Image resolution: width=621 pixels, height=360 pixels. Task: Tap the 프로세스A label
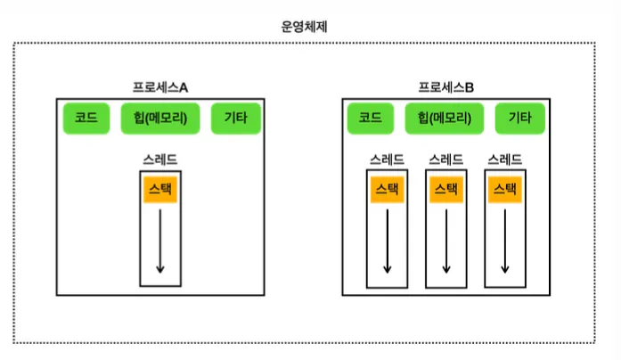point(160,87)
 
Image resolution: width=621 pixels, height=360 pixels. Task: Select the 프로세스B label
point(446,87)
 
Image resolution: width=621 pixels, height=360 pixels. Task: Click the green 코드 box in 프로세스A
point(86,118)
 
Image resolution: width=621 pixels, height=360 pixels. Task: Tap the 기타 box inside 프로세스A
point(235,118)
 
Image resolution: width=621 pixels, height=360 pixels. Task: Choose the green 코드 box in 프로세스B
point(370,118)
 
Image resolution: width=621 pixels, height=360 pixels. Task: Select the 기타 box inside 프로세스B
point(520,118)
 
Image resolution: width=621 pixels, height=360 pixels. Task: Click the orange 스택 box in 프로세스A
point(159,189)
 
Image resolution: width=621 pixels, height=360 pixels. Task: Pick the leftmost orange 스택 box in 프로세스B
point(387,189)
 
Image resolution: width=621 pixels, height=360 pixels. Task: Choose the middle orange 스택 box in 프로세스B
point(445,189)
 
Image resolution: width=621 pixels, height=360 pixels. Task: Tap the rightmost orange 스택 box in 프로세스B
point(504,189)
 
